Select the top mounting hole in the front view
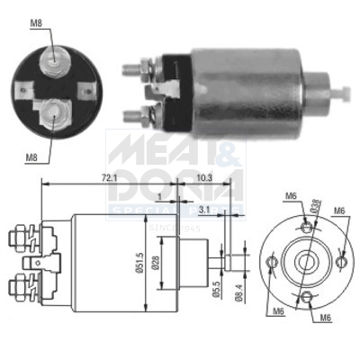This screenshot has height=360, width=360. (307, 228)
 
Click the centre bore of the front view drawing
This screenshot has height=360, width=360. (307, 262)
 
